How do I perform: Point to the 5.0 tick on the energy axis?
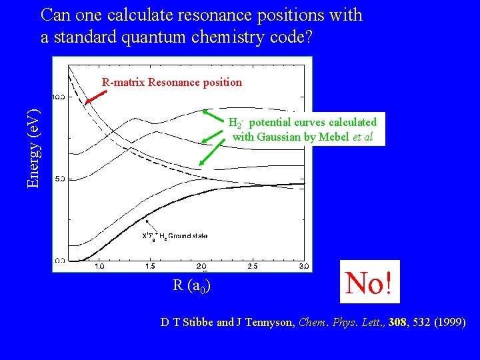coord(59,179)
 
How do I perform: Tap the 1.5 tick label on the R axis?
coord(150,266)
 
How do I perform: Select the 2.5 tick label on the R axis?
coord(253,266)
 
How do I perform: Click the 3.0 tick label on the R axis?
coord(303,266)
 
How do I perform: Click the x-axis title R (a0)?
coord(193,286)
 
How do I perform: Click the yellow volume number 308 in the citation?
coord(396,323)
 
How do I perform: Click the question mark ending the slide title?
coord(307,38)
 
